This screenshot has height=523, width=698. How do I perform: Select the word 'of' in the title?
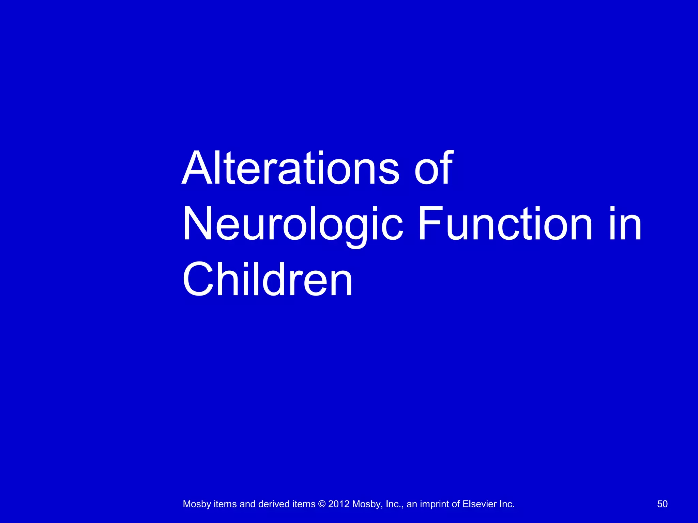coord(434,168)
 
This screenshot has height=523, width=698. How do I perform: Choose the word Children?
coord(268,280)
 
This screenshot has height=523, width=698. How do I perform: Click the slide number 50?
coord(662,504)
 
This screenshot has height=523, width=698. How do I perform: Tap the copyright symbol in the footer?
coord(322,504)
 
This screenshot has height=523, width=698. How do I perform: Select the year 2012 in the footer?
coord(339,504)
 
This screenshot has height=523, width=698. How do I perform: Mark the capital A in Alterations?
coord(197,168)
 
